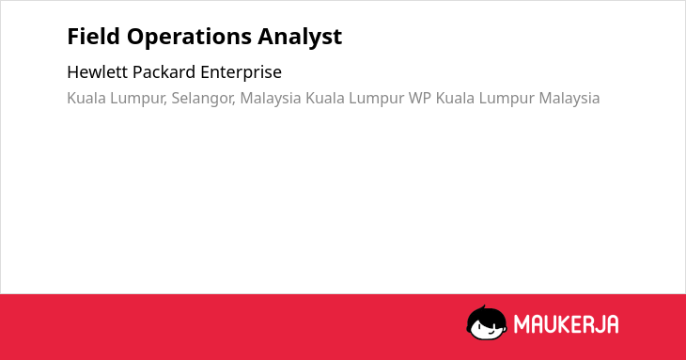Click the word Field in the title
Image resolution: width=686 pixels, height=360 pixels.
93,37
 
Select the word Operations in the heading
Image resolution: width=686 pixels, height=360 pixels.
189,38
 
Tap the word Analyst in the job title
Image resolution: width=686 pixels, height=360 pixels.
300,38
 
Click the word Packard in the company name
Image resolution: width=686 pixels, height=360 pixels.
164,72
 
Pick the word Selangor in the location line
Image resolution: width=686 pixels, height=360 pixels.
203,99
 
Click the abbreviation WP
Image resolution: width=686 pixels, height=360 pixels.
420,98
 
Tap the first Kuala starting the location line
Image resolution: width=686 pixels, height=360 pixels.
86,98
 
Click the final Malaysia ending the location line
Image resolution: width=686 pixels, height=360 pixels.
569,99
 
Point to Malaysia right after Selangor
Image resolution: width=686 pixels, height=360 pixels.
271,99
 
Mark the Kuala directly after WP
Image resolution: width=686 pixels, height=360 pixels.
455,98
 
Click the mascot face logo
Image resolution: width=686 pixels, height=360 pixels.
487,323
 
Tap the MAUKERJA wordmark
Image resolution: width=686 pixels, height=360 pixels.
566,324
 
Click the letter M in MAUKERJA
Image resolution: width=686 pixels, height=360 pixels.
521,324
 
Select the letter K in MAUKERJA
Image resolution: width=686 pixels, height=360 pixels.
565,324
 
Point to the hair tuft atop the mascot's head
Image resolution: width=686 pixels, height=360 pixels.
484,307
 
